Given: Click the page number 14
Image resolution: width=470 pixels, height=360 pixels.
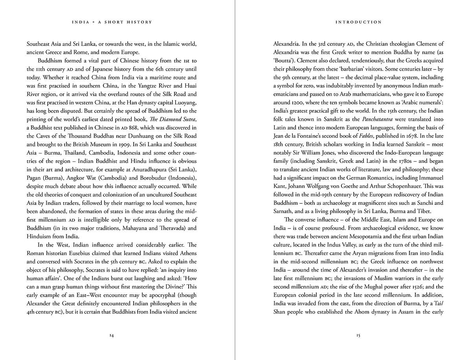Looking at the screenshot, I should coord(112,336).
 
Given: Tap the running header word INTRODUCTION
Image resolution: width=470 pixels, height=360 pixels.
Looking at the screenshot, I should coord(358,22).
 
